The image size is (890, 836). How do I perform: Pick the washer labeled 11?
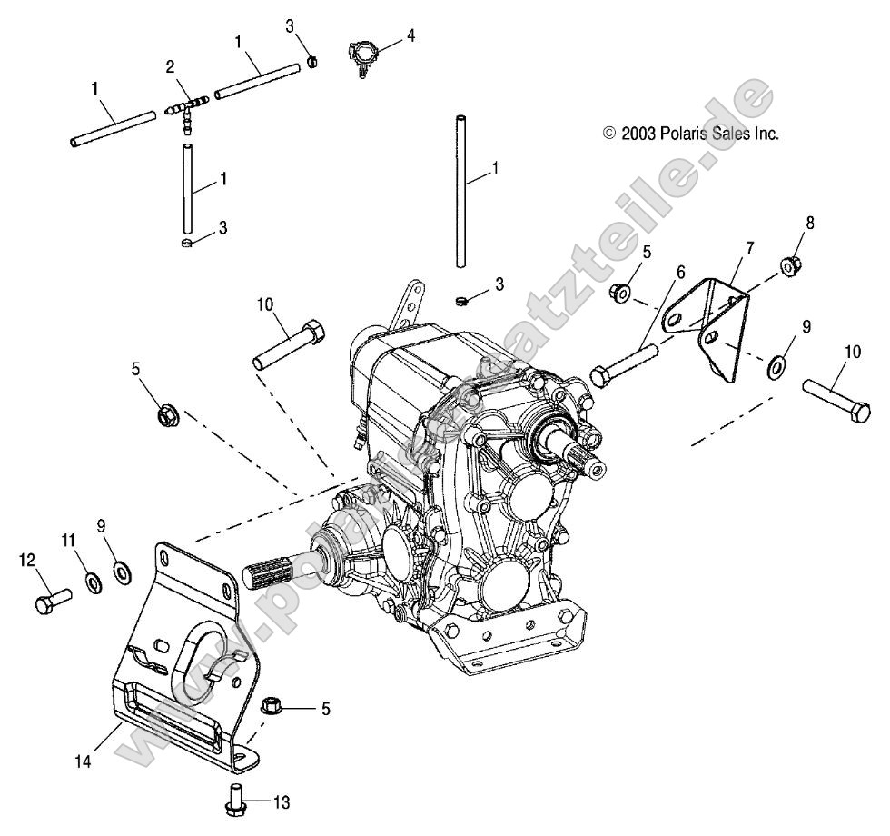coord(94,582)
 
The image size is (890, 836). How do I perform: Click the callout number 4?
coord(410,36)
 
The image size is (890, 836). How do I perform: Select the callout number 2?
coord(170,66)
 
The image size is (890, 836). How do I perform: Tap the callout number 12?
coord(25,561)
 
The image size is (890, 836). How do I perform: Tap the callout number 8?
coord(785,221)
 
